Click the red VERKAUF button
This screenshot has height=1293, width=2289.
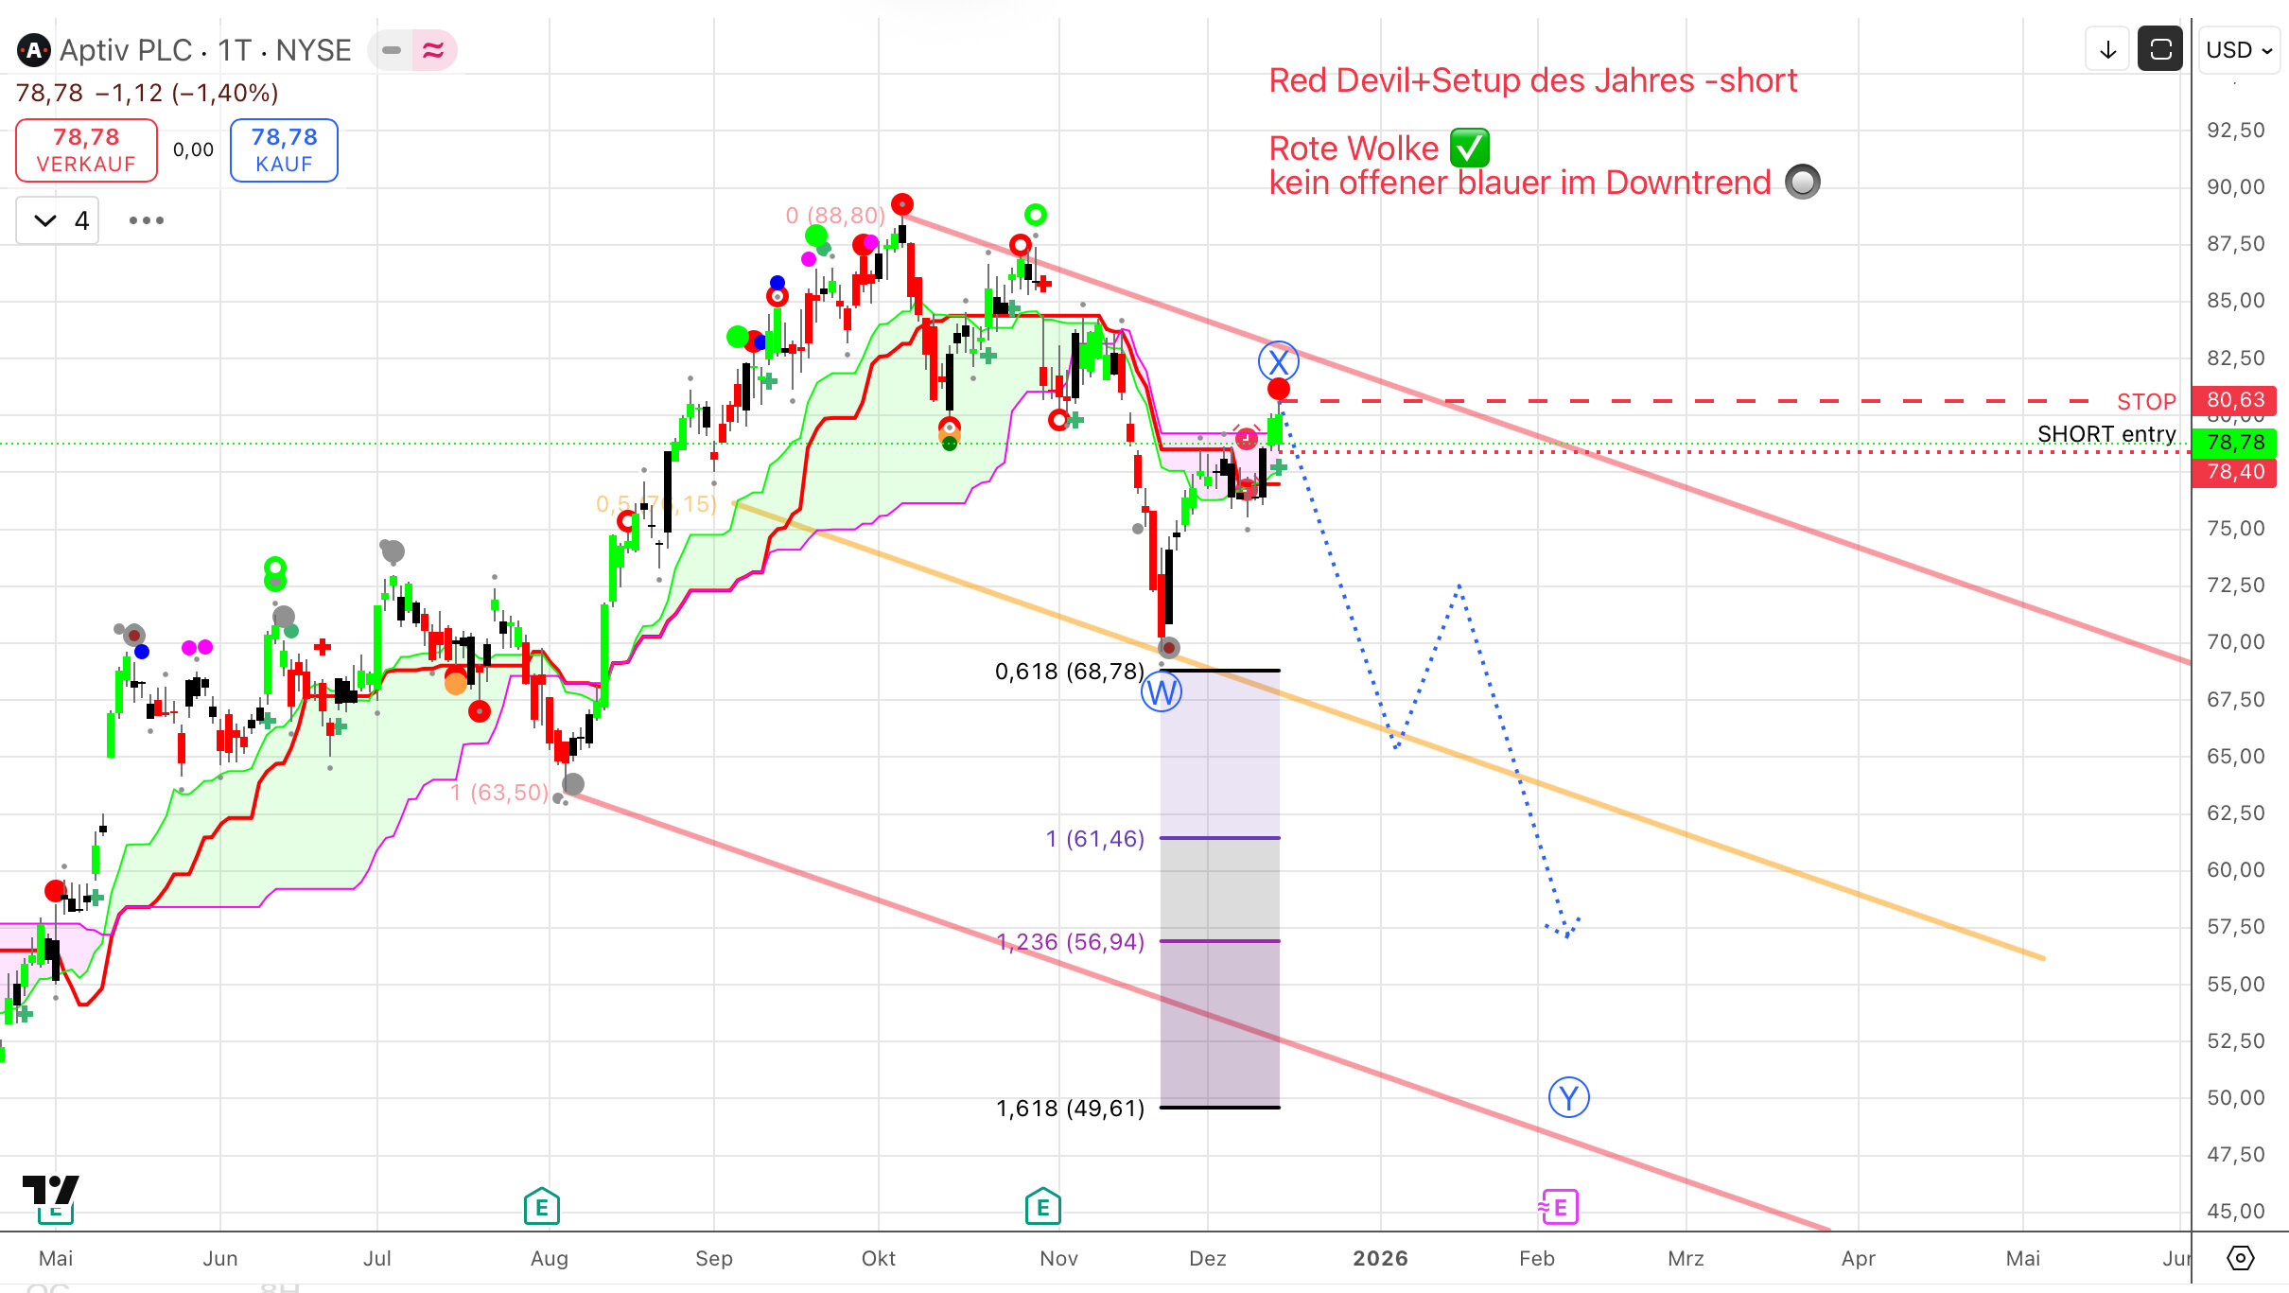coord(86,150)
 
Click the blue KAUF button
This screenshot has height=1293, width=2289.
coord(284,150)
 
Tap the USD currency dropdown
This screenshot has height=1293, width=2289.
coord(2239,50)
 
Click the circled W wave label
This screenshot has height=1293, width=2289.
coord(1161,693)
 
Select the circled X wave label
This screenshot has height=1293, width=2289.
coord(1278,361)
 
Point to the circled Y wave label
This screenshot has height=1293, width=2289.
coord(1568,1098)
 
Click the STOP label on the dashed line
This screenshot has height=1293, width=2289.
coord(2145,402)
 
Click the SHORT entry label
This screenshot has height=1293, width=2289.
coord(2106,434)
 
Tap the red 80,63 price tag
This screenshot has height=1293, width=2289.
coord(2234,400)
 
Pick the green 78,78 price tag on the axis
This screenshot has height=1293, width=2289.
coord(2234,443)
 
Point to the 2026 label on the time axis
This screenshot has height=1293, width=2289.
coord(1380,1258)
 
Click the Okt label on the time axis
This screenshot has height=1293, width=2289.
coord(878,1258)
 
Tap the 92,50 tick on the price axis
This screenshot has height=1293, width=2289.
coord(2235,131)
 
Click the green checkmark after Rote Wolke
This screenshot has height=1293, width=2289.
coord(1469,148)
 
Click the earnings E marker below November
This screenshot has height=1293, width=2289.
coord(1042,1207)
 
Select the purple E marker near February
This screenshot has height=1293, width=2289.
coord(1559,1207)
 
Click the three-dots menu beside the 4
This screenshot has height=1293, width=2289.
coord(147,220)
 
